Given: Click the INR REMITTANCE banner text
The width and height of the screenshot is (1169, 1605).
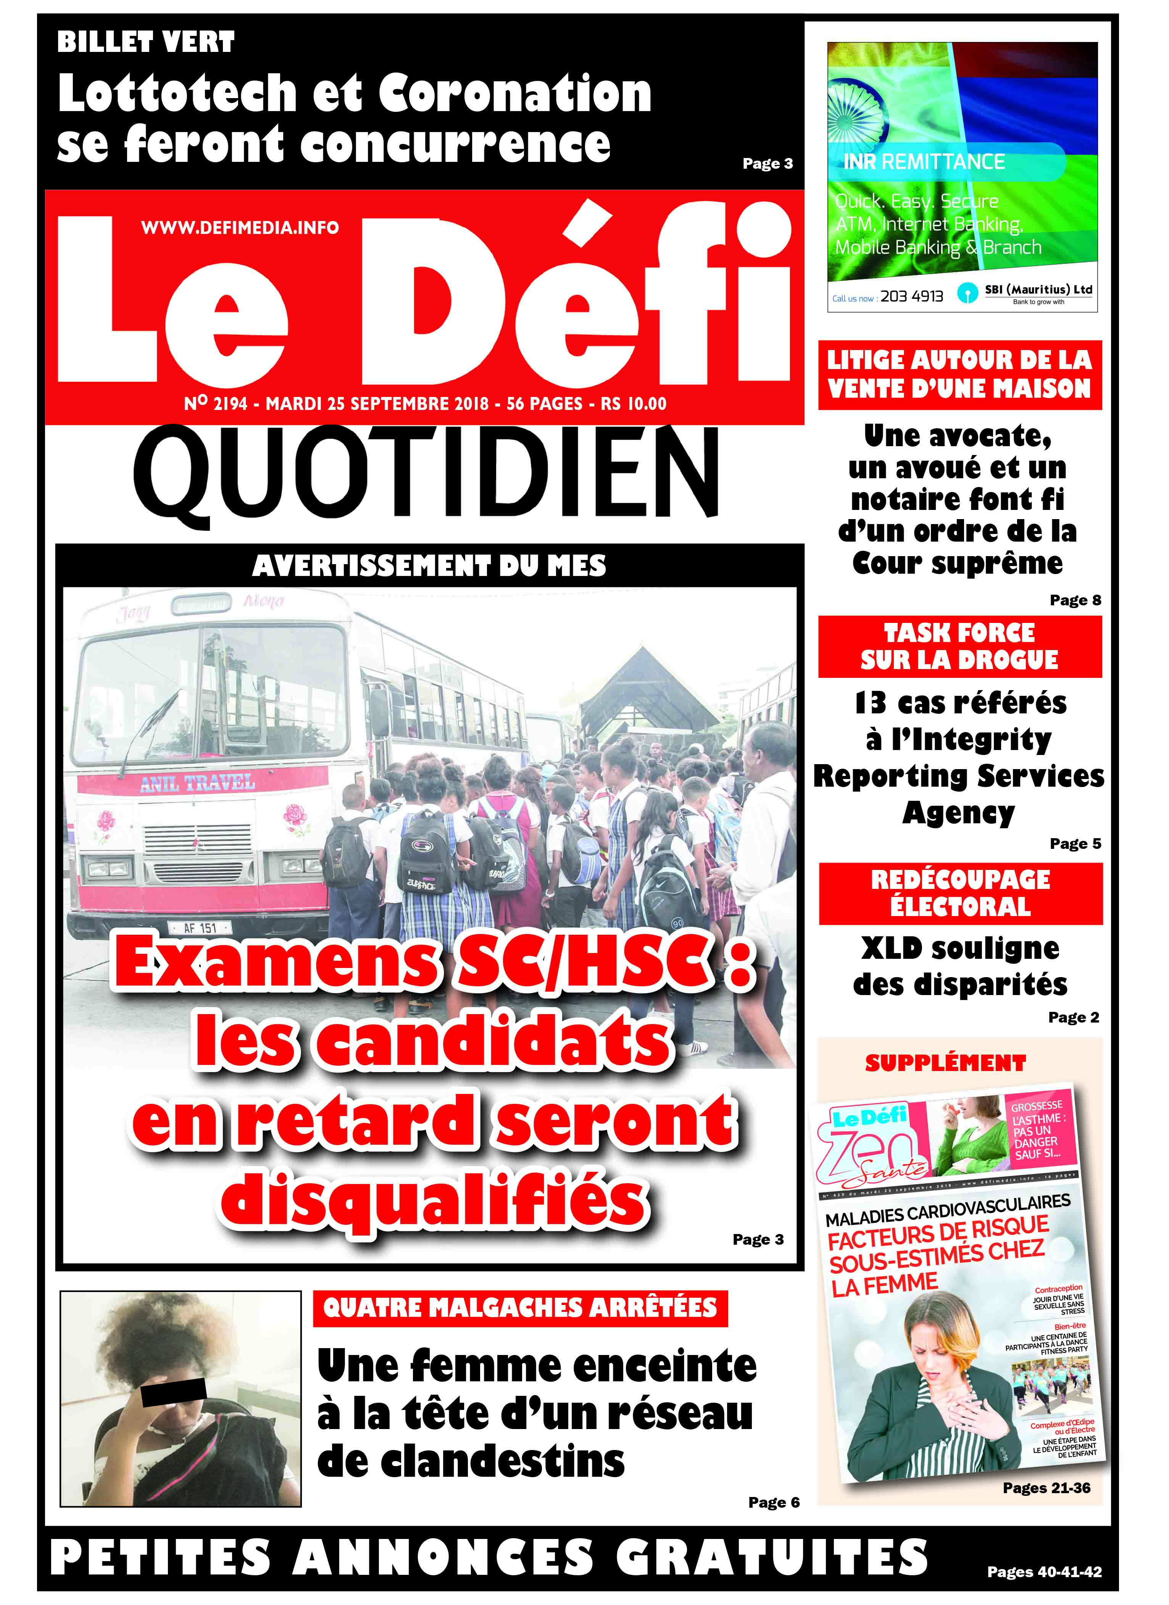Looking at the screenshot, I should click(924, 162).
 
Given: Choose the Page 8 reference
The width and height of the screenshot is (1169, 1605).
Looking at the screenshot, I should click(1075, 600).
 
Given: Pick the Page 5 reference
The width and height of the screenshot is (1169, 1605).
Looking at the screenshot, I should click(1075, 844).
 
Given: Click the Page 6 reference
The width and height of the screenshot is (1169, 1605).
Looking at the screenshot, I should click(774, 1502).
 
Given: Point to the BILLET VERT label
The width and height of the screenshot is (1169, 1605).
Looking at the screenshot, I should click(146, 42).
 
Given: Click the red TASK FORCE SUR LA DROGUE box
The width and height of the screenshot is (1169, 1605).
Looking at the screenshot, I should click(959, 646).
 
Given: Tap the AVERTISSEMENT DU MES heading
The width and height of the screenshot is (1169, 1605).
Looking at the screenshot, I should click(429, 565).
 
